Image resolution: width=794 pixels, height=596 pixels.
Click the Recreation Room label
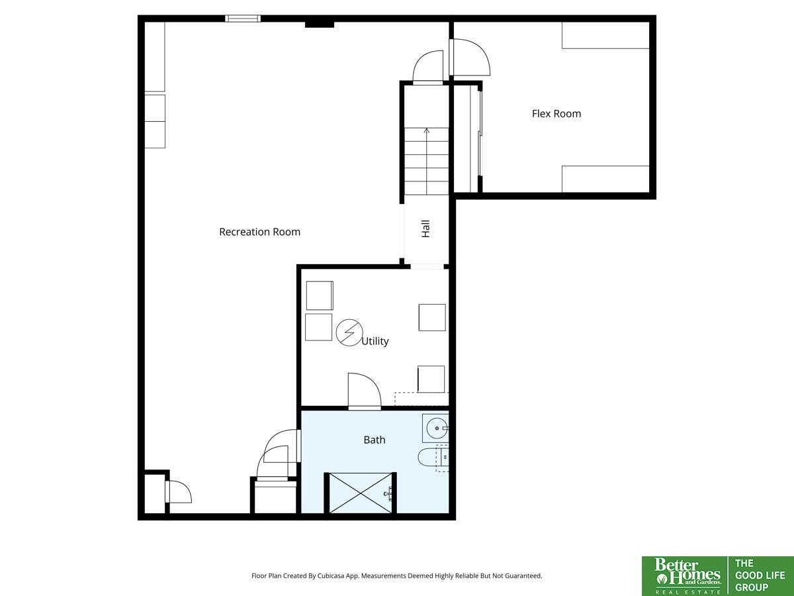260,232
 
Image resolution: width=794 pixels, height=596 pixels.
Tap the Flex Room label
556,114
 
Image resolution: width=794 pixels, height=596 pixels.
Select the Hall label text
425,228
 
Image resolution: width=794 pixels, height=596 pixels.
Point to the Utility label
375,341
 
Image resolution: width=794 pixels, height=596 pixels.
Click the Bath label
375,440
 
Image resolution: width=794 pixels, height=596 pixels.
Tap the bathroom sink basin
437,428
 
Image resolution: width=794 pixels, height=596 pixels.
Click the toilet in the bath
433,458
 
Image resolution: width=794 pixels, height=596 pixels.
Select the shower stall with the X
361,493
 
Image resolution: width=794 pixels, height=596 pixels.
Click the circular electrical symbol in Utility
349,332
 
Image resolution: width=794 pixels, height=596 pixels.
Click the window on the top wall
243,19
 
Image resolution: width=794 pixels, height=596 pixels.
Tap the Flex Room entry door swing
470,57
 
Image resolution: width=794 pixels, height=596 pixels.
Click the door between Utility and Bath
365,391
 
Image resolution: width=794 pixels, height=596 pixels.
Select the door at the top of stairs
428,67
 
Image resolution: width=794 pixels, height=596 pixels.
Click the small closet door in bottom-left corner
179,491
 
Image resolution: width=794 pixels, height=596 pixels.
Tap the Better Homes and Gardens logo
685,576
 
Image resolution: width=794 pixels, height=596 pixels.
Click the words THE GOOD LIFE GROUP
760,575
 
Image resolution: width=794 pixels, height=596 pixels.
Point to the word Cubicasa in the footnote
331,575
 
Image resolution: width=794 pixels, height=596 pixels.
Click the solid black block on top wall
320,25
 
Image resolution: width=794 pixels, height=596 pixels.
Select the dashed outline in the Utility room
421,399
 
